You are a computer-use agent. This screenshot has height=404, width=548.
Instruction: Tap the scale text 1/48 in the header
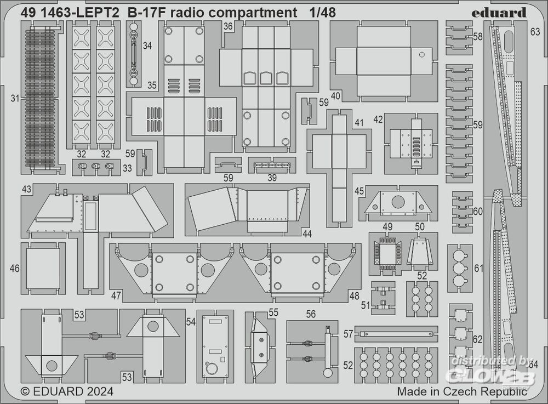[322, 12]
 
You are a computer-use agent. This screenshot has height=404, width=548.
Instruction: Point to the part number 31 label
[15, 99]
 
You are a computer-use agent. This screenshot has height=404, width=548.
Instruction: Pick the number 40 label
[336, 96]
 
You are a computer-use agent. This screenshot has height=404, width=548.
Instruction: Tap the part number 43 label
[26, 189]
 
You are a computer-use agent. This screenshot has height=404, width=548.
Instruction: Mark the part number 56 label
[311, 314]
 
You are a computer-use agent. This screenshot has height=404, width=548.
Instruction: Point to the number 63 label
[535, 32]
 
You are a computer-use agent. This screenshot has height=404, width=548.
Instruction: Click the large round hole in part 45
[398, 201]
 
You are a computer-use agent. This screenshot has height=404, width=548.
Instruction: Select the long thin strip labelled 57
[396, 333]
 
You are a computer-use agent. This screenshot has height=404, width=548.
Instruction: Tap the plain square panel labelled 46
[43, 268]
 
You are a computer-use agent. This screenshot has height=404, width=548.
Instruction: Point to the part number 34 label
[147, 46]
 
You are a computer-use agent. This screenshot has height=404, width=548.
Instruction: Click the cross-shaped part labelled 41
[339, 164]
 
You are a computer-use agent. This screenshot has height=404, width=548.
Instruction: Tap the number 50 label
[420, 226]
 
